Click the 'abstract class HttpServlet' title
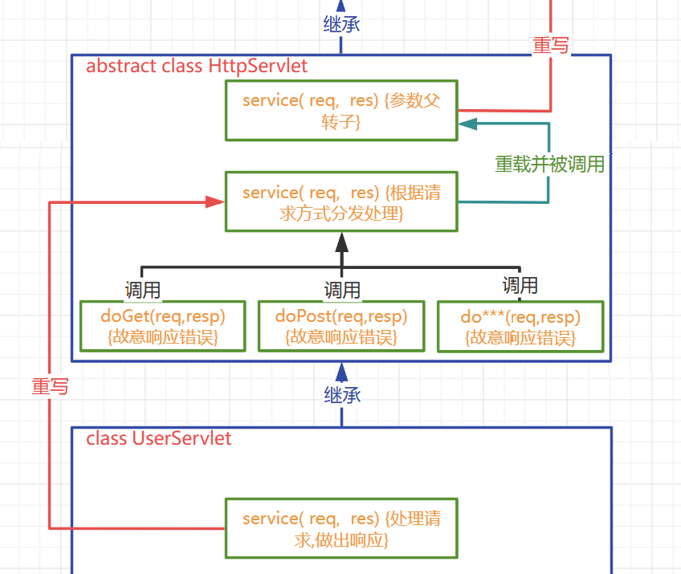coord(197,66)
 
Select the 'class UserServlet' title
coord(159,438)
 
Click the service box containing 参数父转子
coord(341,111)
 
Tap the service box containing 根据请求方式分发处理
coord(341,202)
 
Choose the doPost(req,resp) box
coord(341,326)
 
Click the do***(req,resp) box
coord(520,327)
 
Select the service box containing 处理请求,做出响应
coord(341,528)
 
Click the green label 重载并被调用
coord(549,165)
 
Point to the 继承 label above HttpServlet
coord(340,23)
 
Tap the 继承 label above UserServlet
coord(342,394)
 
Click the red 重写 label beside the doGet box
coord(50,386)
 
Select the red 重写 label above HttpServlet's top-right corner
coord(551,46)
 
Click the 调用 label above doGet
coord(142,289)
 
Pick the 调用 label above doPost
coord(342,289)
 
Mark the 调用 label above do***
coord(520,285)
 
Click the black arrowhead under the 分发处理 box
coord(341,241)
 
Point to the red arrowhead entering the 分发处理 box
coord(214,202)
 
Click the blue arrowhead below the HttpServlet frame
coord(341,370)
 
